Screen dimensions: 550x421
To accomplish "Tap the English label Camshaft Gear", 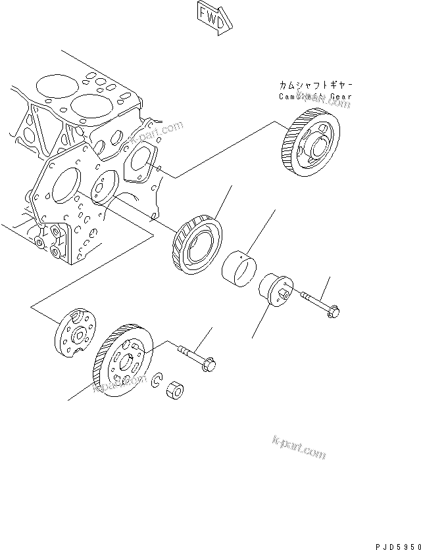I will tap(314, 96).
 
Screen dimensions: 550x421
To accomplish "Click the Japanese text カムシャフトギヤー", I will tap(314, 85).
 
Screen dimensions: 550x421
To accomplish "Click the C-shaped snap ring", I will tap(157, 380).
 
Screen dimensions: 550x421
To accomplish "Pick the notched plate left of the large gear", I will tap(74, 334).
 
